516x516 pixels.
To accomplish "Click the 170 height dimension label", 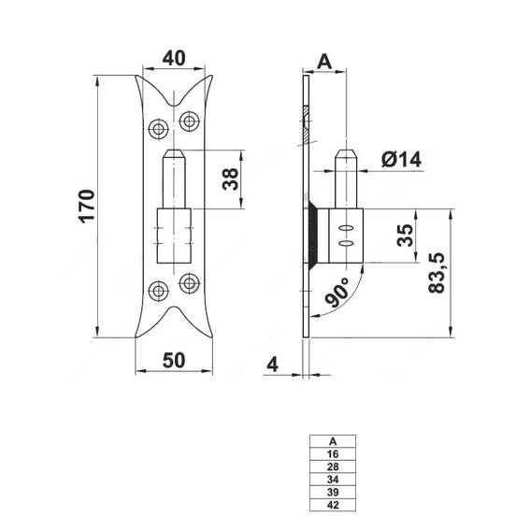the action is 87,206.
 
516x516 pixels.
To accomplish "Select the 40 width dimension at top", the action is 174,58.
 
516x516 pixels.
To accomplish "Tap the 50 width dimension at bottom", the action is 174,360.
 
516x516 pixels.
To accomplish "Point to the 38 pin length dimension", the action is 230,179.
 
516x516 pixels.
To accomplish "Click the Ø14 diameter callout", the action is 401,160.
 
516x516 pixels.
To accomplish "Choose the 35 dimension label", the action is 405,235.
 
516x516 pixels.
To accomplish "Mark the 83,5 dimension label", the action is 437,273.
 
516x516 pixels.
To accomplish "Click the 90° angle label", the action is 337,292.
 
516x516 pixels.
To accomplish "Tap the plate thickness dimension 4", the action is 272,365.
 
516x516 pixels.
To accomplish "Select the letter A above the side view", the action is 324,62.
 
